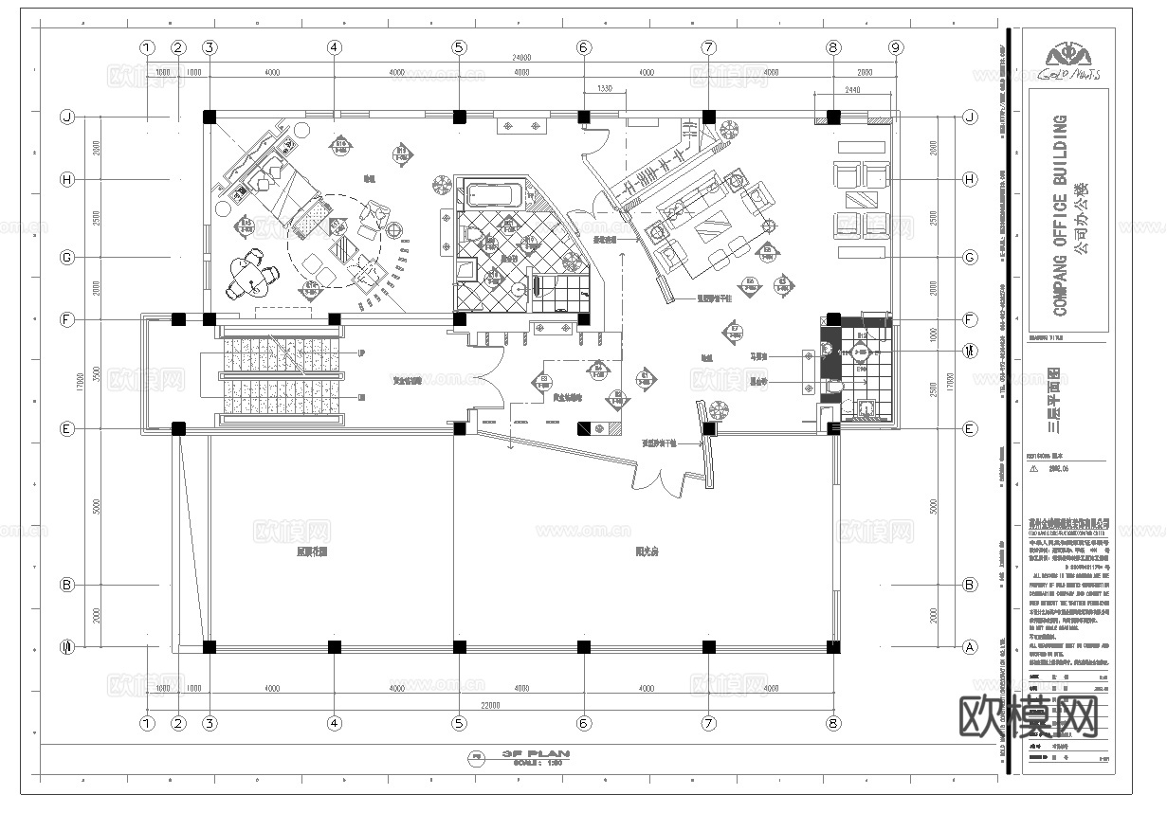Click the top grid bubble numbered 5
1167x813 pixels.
click(x=459, y=46)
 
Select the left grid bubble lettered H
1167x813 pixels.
click(x=66, y=179)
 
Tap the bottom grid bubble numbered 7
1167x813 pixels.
click(x=708, y=723)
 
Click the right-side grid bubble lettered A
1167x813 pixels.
click(x=969, y=648)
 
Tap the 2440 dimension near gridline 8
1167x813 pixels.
click(x=850, y=89)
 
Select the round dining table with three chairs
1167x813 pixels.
click(x=250, y=276)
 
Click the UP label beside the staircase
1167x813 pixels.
click(x=362, y=352)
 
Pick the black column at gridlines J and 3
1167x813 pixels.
click(x=210, y=117)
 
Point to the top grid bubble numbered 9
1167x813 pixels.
click(x=895, y=46)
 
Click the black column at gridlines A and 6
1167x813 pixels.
click(x=584, y=647)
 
